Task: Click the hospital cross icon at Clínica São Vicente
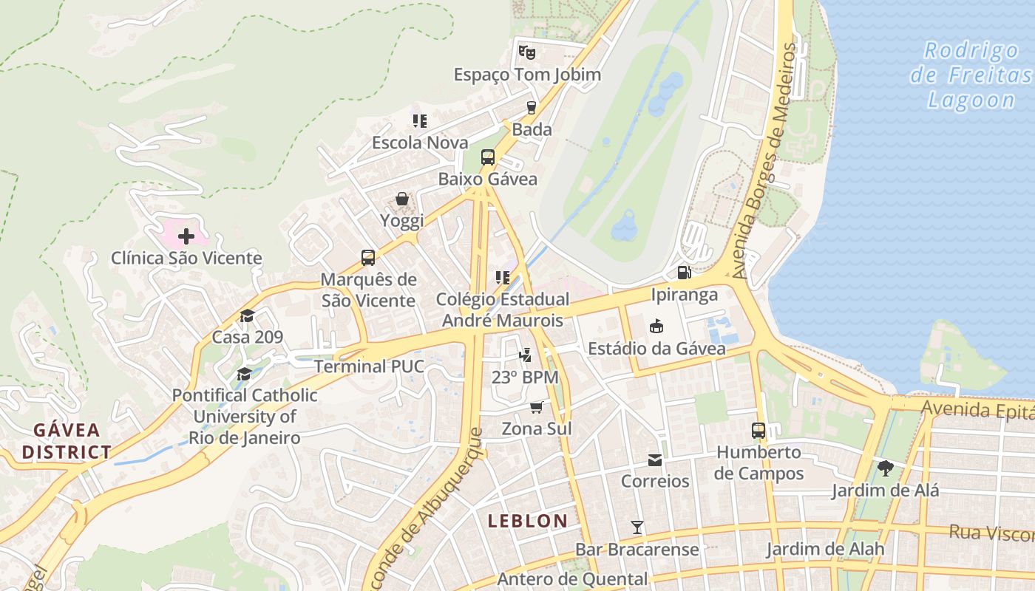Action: (186, 236)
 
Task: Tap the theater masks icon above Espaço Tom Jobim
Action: (526, 52)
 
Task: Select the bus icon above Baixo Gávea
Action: (488, 157)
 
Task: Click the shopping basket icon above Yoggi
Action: (401, 199)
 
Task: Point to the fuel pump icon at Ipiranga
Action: (685, 272)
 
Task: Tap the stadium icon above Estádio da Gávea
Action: (656, 326)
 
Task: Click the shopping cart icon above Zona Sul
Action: (537, 407)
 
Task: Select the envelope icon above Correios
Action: (655, 460)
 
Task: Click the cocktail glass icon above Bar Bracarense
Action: (637, 527)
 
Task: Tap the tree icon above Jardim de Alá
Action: (885, 468)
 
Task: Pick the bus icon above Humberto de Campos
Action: (759, 430)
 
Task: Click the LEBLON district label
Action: (528, 521)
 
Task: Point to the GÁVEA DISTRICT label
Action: (67, 441)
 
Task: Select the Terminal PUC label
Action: (369, 366)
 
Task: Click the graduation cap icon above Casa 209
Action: (247, 315)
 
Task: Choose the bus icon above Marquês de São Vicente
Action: (368, 258)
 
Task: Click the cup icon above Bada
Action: (531, 108)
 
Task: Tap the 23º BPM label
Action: (525, 377)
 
